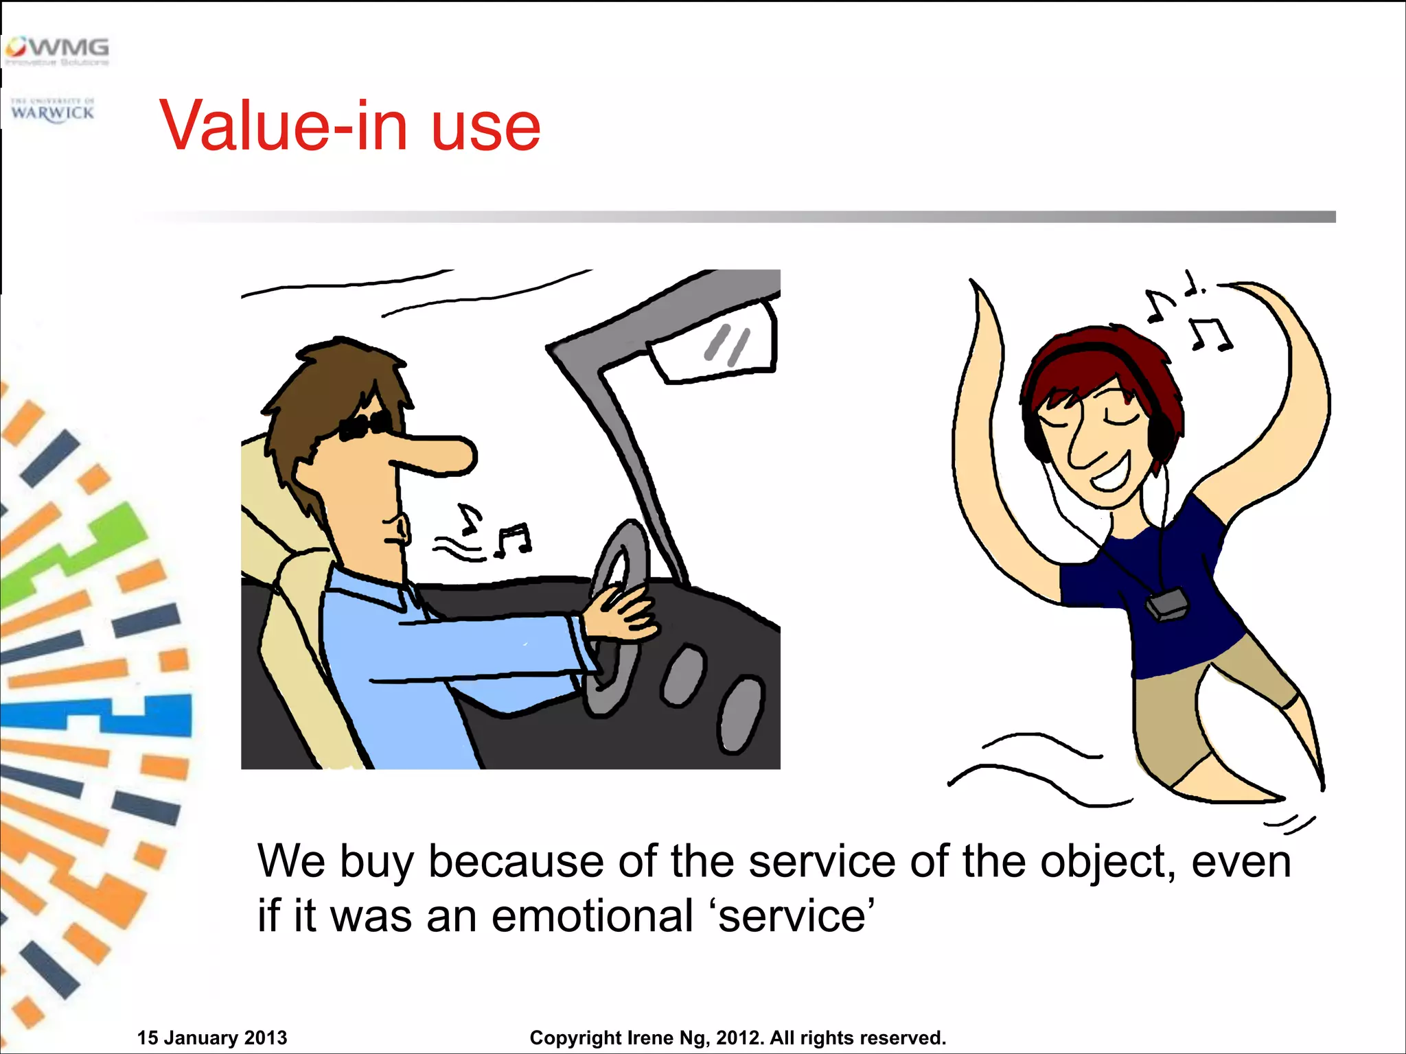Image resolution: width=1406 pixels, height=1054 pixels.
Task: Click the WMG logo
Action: [x=58, y=50]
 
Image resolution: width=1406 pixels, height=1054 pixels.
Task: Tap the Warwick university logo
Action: [x=53, y=110]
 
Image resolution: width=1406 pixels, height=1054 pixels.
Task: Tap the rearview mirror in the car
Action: [x=714, y=343]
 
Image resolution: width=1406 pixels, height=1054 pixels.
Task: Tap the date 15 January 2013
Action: [x=212, y=1038]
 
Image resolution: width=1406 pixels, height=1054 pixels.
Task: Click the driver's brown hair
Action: [x=330, y=384]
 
